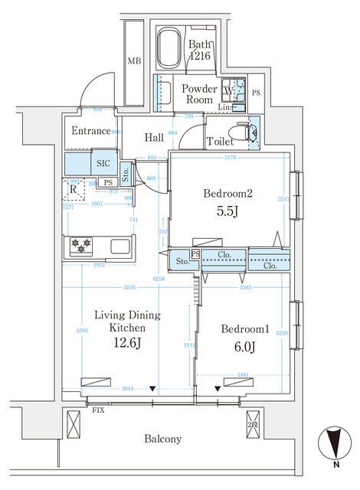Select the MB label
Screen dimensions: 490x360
pos(133,61)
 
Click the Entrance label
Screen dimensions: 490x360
pos(91,131)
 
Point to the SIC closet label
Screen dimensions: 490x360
pos(103,163)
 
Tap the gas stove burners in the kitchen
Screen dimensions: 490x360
pos(80,246)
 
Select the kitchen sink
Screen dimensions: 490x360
pos(120,247)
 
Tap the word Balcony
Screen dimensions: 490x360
pos(163,439)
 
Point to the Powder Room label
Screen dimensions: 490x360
pos(199,94)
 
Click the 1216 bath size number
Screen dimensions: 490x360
pos(201,56)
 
